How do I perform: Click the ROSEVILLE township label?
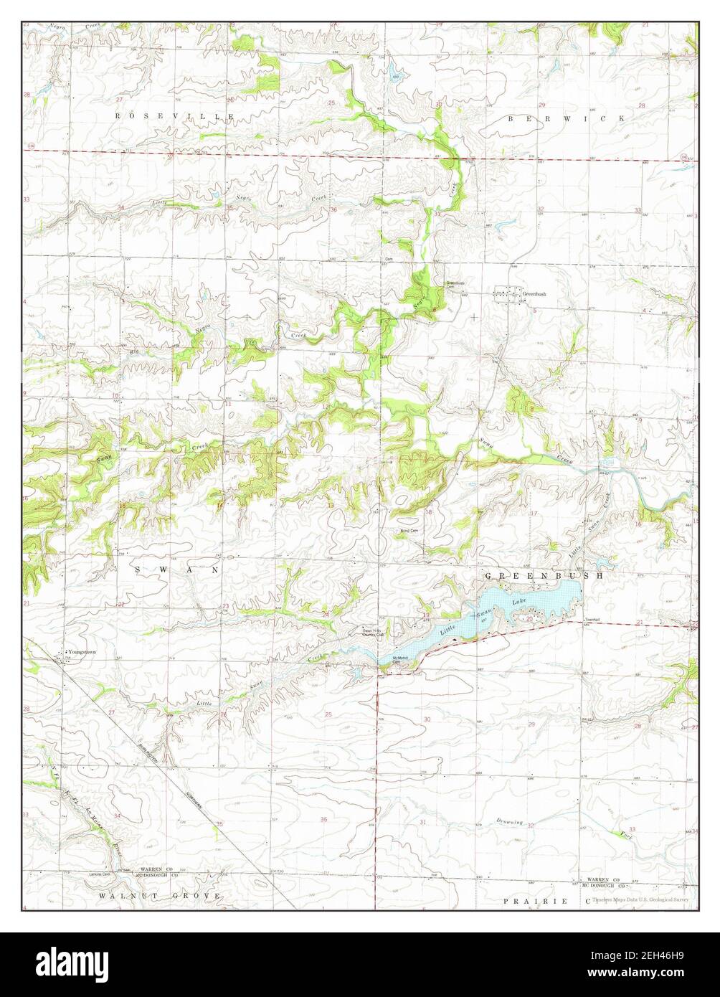pyautogui.click(x=176, y=115)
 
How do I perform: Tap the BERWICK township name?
pyautogui.click(x=567, y=118)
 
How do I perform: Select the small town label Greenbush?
pyautogui.click(x=535, y=294)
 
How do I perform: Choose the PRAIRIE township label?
pyautogui.click(x=535, y=899)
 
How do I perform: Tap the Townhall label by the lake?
pyautogui.click(x=591, y=620)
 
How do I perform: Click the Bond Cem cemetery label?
pyautogui.click(x=409, y=530)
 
